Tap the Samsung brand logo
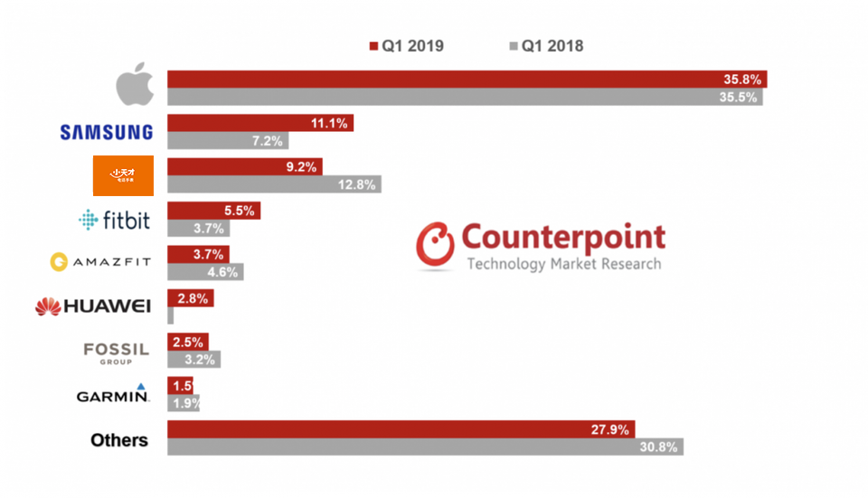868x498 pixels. coord(106,132)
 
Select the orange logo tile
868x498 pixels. coord(123,175)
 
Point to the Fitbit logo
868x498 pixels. coord(114,220)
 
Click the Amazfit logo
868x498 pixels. coord(100,262)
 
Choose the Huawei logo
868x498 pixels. coord(92,306)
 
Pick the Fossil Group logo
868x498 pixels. coord(116,352)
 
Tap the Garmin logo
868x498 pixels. coord(113,394)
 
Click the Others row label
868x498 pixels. coord(119,440)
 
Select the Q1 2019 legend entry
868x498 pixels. coord(406,46)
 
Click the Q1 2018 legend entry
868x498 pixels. coord(546,46)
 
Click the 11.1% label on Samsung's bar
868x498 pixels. coord(329,123)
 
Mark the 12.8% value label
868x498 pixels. coord(357,184)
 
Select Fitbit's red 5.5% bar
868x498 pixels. coord(213,211)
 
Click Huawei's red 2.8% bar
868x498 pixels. coord(190,298)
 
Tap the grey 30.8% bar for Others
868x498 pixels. coord(425,446)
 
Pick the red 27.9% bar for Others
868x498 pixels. coord(401,429)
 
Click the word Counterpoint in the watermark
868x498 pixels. coord(563,238)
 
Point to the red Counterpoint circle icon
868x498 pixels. coord(435,247)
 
